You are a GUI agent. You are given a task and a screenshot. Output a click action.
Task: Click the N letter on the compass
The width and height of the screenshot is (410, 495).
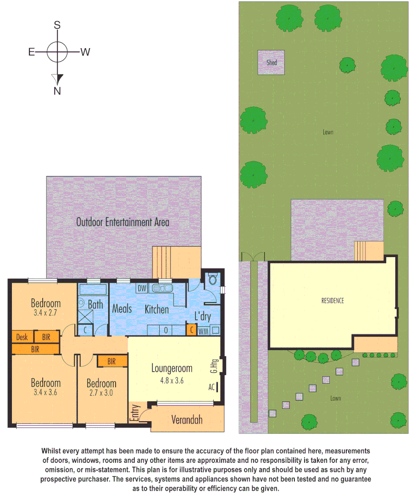tap(57, 91)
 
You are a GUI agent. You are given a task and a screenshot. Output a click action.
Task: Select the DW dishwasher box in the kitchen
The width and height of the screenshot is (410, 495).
tap(142, 288)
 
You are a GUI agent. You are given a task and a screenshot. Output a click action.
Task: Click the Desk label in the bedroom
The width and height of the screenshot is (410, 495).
tap(22, 337)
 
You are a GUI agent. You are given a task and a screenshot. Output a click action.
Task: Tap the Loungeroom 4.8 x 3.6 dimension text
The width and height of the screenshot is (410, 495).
tap(172, 380)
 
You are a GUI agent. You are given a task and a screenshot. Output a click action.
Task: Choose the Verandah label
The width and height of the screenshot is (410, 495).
tap(187, 419)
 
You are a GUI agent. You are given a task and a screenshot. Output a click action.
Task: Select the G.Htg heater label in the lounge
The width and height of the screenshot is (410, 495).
tap(215, 367)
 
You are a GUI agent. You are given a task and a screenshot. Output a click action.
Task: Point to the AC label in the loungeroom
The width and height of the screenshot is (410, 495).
tap(211, 387)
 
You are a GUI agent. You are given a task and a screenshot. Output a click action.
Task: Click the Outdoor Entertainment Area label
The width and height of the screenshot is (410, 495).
tap(122, 222)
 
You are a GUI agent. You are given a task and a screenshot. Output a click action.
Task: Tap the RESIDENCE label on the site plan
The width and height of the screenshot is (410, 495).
tap(332, 301)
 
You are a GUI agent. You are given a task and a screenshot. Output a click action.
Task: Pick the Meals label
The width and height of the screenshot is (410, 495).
tap(122, 308)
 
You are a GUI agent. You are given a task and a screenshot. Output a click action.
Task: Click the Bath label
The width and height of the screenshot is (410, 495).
tap(95, 304)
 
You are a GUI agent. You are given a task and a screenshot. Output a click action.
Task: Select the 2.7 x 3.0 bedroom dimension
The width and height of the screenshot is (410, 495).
tap(101, 393)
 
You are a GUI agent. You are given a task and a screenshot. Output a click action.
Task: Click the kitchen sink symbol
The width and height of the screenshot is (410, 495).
tap(161, 288)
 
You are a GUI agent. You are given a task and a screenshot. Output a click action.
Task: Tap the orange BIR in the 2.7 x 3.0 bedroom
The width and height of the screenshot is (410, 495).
tap(111, 361)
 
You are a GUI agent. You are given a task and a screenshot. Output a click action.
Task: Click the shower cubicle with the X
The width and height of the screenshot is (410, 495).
tap(85, 317)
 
